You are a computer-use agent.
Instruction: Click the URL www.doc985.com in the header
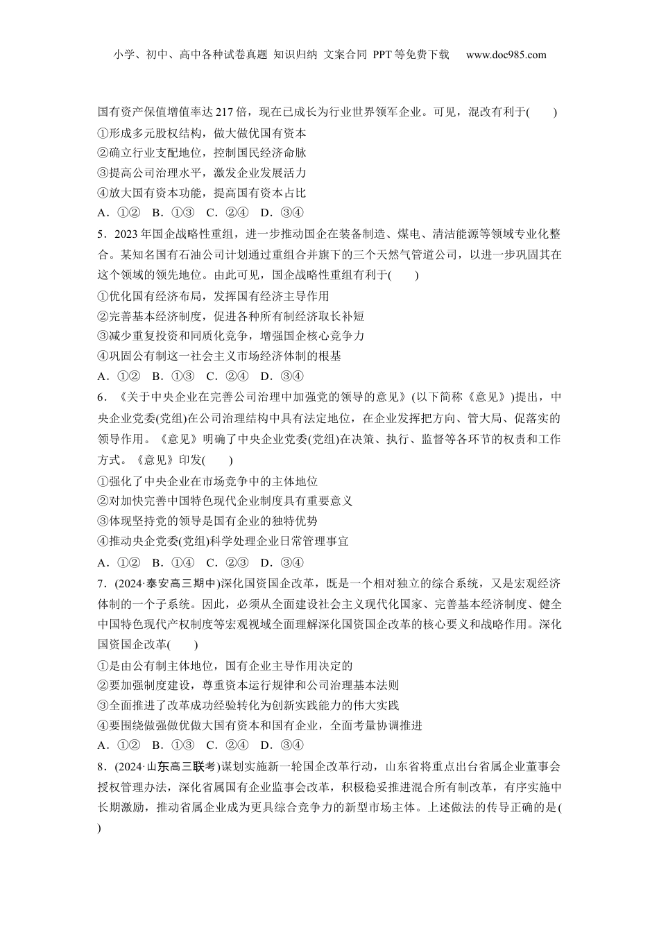(506, 55)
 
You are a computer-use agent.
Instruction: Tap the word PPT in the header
(382, 55)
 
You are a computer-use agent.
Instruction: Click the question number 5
(101, 234)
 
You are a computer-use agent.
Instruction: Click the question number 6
(101, 397)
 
